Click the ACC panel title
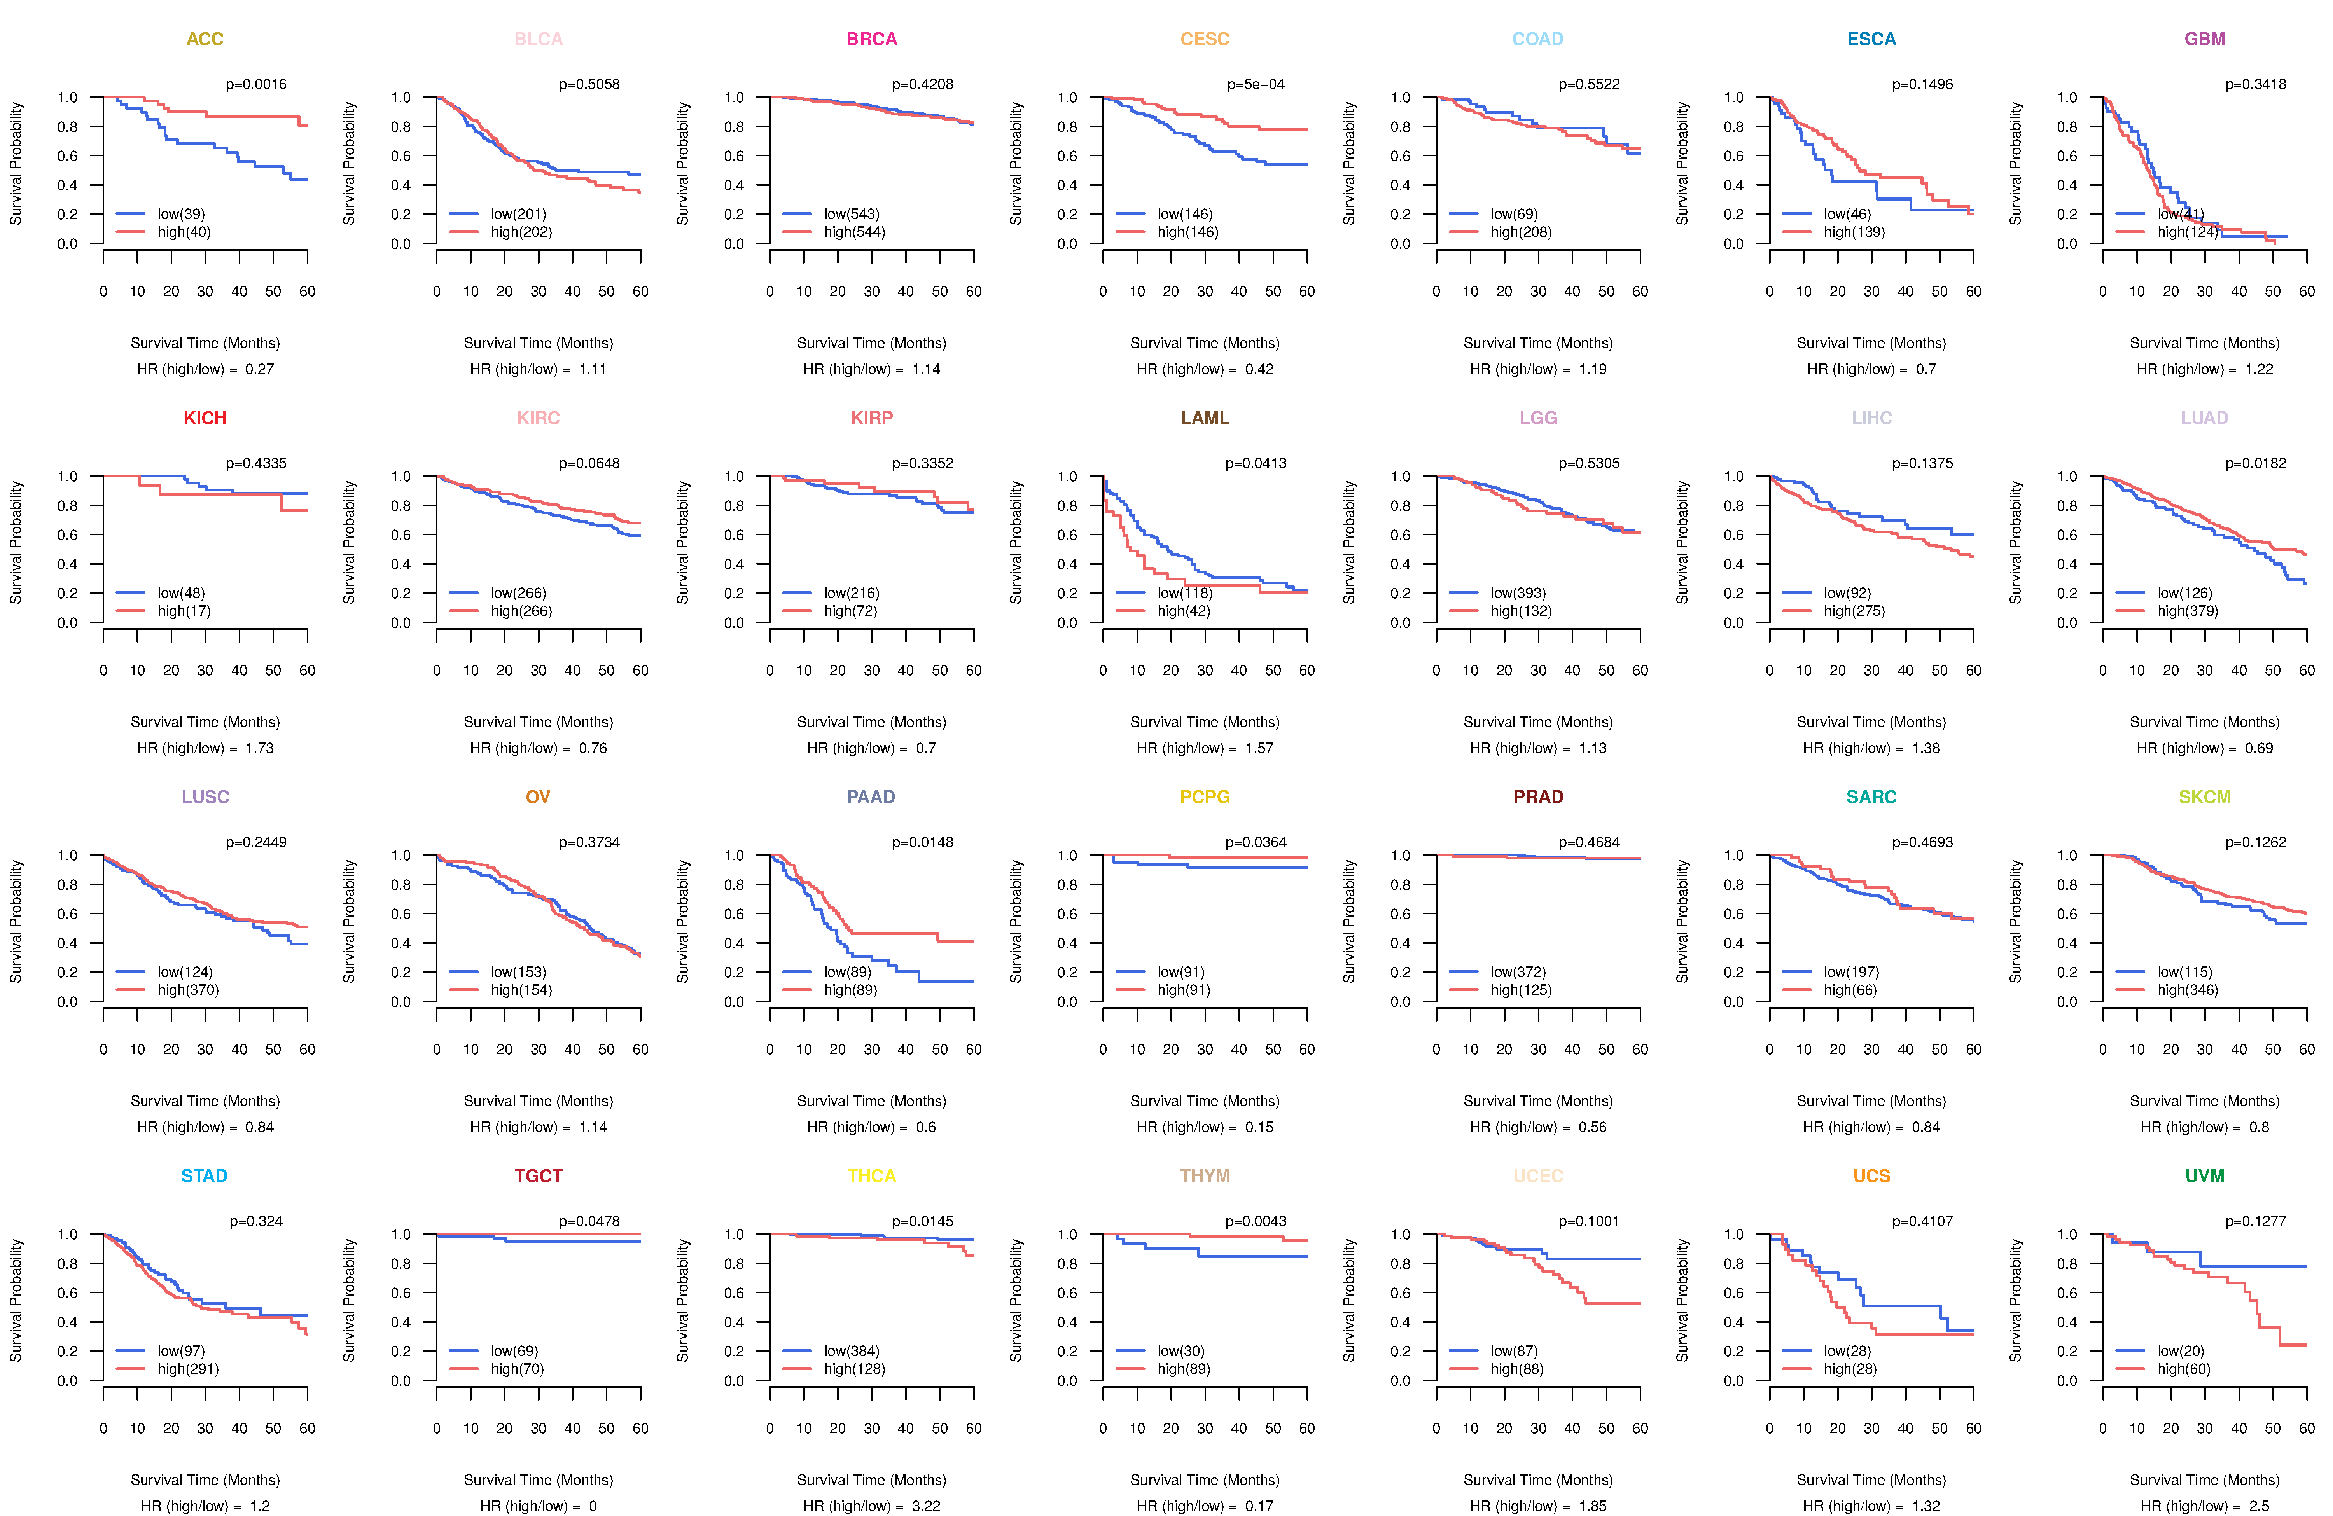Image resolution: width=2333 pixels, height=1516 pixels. [205, 39]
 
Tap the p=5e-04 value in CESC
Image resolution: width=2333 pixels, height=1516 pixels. [1256, 84]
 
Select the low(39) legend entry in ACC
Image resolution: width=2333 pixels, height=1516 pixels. [181, 214]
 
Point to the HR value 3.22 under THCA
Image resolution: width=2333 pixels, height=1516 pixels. [926, 1506]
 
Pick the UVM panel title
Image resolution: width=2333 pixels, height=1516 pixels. [2205, 1176]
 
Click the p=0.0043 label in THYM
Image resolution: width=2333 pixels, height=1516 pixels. [1256, 1221]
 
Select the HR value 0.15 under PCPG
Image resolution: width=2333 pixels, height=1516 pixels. [1259, 1127]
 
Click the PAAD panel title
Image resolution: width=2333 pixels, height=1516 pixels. [871, 797]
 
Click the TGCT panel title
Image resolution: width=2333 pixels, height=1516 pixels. [538, 1176]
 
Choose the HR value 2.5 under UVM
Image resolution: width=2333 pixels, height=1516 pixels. [2260, 1506]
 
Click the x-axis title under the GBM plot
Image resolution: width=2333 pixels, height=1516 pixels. [2205, 343]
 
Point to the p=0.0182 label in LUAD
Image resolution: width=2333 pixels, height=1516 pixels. [2256, 463]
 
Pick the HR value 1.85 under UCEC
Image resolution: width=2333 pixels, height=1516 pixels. [1593, 1506]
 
